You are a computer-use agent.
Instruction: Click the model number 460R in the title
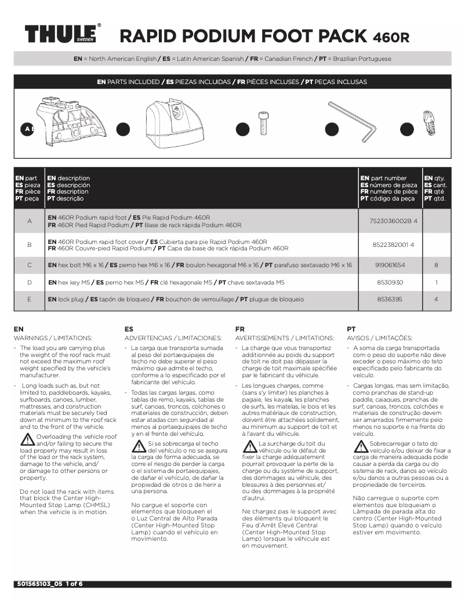[390, 38]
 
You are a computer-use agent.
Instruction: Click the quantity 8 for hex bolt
[435, 265]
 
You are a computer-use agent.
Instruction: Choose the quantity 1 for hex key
[435, 282]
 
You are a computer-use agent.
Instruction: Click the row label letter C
[30, 265]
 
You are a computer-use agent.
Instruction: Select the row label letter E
[30, 300]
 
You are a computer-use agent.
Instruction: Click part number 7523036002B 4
[394, 221]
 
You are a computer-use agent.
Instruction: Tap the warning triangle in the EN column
[27, 439]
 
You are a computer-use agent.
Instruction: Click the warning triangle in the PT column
[360, 446]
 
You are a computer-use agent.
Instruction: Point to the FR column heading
[240, 329]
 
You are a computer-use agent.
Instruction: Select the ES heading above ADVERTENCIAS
[129, 329]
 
